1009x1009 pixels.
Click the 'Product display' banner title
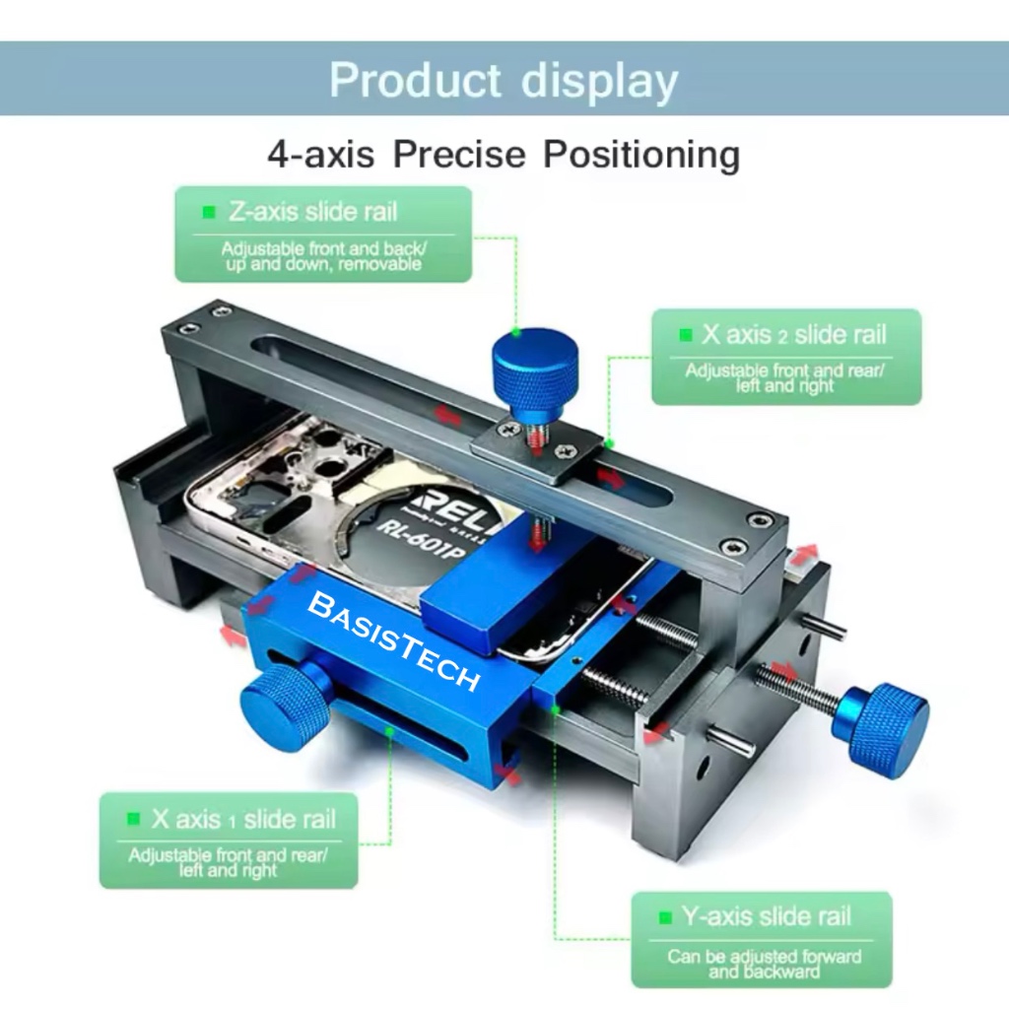(504, 80)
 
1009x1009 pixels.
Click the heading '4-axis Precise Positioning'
(504, 155)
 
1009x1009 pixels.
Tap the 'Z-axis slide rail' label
(313, 212)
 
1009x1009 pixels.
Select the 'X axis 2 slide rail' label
(794, 334)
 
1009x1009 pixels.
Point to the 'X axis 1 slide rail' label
(243, 819)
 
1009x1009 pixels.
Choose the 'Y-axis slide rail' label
(766, 916)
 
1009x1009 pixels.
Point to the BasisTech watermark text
(394, 640)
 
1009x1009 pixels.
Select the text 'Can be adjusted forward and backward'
(764, 964)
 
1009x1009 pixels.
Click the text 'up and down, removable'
(322, 264)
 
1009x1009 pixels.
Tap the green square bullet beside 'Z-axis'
(209, 213)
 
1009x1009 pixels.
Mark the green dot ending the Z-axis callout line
(514, 332)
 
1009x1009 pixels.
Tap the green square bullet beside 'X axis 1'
(133, 820)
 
